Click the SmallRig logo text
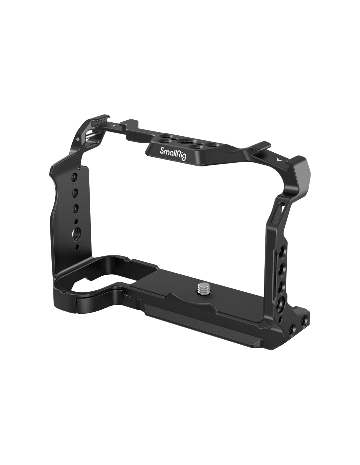[173, 153]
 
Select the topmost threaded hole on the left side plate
[74, 177]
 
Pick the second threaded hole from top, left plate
[75, 193]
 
